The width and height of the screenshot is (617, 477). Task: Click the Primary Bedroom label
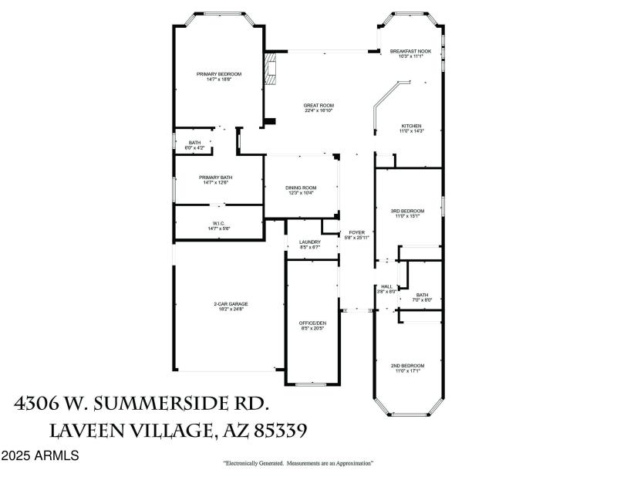[218, 74]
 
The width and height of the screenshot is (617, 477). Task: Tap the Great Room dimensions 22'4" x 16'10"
[318, 110]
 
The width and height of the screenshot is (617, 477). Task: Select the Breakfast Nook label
[410, 51]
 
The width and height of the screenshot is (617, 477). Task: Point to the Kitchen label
[410, 126]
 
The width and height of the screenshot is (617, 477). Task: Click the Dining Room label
[301, 188]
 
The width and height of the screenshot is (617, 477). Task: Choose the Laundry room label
[309, 242]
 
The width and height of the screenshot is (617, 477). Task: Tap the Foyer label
[356, 232]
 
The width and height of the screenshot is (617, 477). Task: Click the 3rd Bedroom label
[409, 211]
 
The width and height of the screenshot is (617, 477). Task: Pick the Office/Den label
[311, 323]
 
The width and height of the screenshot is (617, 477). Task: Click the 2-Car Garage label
[231, 304]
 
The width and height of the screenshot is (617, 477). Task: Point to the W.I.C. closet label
[218, 224]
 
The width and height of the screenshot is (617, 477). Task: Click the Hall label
[386, 286]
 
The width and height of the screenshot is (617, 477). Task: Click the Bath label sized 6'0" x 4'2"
[194, 142]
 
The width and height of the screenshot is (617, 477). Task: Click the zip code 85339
[287, 429]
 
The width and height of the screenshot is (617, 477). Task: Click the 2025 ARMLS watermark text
[39, 456]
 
